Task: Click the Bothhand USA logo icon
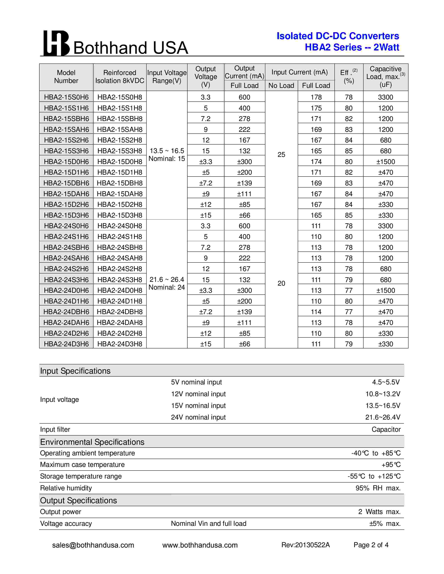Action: coord(56,43)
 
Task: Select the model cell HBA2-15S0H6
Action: coord(66,97)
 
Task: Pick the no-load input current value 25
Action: coord(281,154)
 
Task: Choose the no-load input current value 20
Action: coord(281,283)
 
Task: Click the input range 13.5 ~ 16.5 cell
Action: coord(167,151)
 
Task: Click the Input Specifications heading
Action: coord(75,371)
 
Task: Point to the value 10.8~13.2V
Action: coord(383,394)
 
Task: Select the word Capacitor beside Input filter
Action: coord(386,429)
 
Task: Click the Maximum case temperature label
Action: coord(82,465)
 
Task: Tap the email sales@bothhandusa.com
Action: coord(93,545)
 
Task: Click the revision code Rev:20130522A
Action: coord(305,545)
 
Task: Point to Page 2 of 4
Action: coord(371,545)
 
